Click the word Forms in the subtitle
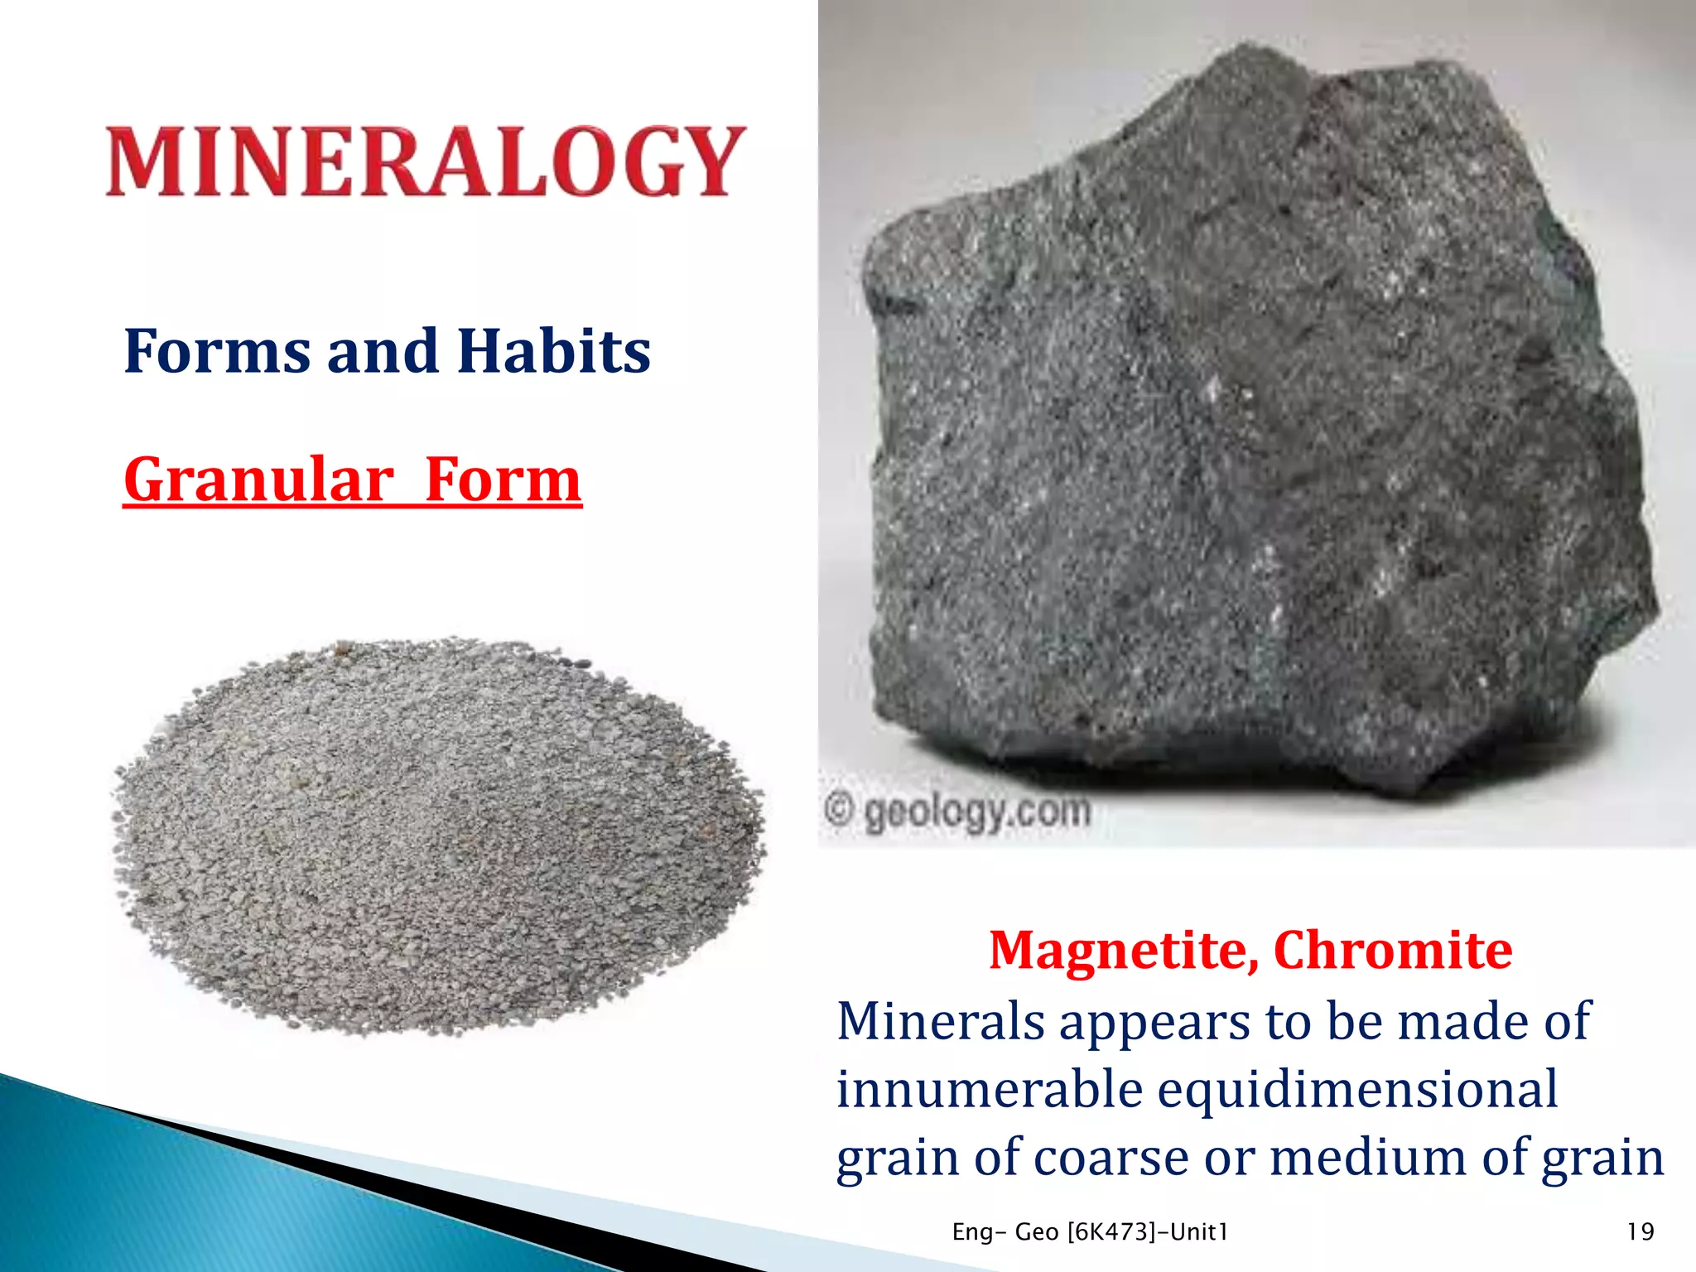coord(217,351)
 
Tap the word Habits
coord(554,351)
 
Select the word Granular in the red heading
coord(258,480)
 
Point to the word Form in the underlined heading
coord(503,480)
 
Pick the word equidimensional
coord(1358,1089)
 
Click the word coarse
coord(1111,1157)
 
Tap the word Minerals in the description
coord(941,1021)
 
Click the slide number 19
coord(1640,1232)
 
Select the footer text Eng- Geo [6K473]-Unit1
coord(1090,1232)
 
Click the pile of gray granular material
coord(439,836)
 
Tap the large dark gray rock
coord(1259,431)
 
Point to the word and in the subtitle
coord(383,351)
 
